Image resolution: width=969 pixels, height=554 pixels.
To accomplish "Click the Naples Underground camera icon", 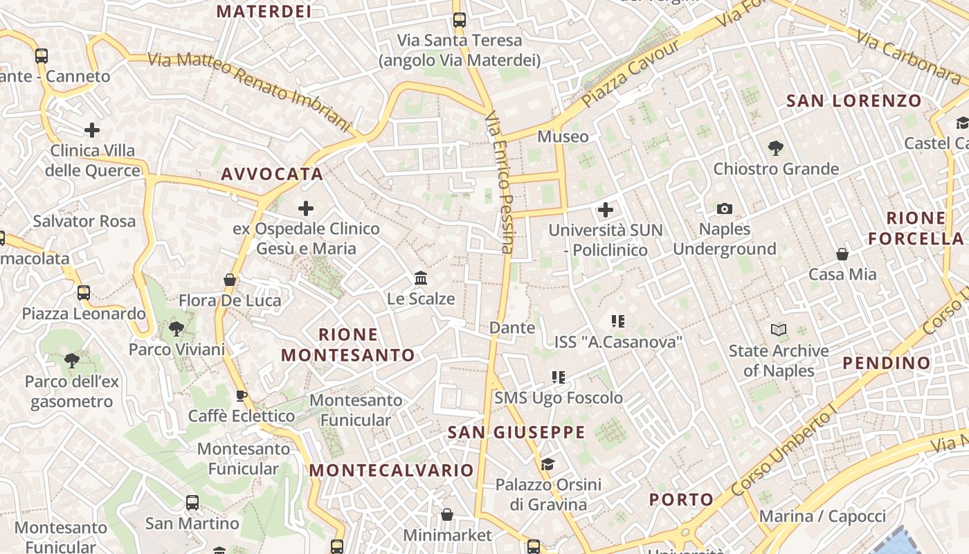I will point(725,208).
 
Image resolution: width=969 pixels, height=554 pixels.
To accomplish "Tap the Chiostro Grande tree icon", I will point(775,148).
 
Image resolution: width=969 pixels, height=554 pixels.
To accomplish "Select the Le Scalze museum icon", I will point(420,278).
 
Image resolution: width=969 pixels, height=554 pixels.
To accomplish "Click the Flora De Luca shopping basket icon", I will point(230,280).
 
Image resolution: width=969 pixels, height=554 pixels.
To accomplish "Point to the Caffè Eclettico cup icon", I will point(241,396).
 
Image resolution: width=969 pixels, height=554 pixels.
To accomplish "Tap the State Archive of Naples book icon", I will point(779,330).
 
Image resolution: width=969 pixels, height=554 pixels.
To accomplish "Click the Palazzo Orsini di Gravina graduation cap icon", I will point(547,464).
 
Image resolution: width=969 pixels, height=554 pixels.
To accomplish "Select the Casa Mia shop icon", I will point(842,254).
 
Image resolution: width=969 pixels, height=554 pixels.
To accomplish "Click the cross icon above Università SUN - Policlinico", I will point(606,209).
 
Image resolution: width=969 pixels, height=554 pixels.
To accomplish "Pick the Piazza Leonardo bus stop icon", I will point(84,293).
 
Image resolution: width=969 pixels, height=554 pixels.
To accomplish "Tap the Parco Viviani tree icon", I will point(176,329).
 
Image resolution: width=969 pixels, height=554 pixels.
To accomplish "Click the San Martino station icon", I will point(192,503).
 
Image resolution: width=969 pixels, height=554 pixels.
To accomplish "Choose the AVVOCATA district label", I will point(272,174).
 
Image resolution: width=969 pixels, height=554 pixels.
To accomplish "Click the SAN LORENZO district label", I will point(854,101).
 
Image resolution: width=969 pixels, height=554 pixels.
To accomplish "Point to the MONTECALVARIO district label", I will point(392,470).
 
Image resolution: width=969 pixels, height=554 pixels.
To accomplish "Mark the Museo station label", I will point(563,136).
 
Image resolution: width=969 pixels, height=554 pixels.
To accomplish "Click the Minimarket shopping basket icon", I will point(447,515).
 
